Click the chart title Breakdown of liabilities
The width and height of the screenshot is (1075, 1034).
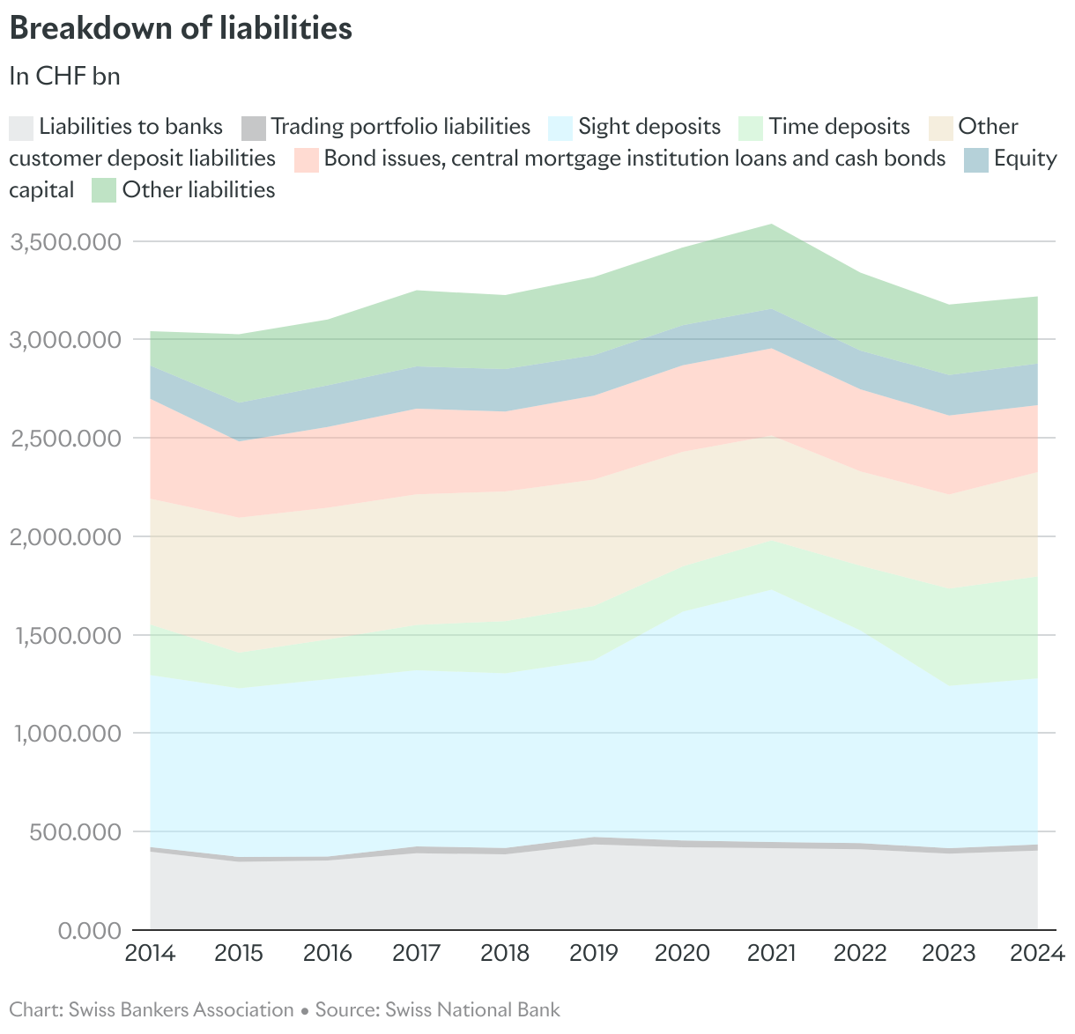[x=181, y=28]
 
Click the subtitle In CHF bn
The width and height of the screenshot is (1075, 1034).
[x=64, y=77]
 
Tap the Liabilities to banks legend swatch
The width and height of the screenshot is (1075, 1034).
[x=22, y=128]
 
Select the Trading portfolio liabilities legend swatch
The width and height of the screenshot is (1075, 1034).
[x=253, y=128]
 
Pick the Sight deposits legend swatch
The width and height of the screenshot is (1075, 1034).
[x=560, y=128]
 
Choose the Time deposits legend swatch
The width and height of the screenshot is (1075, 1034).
[x=751, y=128]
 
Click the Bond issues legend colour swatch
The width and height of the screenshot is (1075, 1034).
[x=306, y=159]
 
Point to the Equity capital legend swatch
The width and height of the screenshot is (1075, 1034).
[x=976, y=159]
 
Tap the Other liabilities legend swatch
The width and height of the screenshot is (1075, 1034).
[x=105, y=190]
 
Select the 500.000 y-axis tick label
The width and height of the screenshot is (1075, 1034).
[x=74, y=831]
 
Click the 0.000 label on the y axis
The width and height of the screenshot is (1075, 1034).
[x=88, y=930]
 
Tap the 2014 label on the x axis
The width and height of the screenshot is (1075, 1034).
[x=151, y=953]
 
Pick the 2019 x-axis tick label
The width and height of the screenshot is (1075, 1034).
[x=594, y=953]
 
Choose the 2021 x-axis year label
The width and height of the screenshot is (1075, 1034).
[x=772, y=953]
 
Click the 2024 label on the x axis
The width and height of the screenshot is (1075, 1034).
[x=1037, y=953]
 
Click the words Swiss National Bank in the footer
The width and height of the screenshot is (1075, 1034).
[x=472, y=1009]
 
